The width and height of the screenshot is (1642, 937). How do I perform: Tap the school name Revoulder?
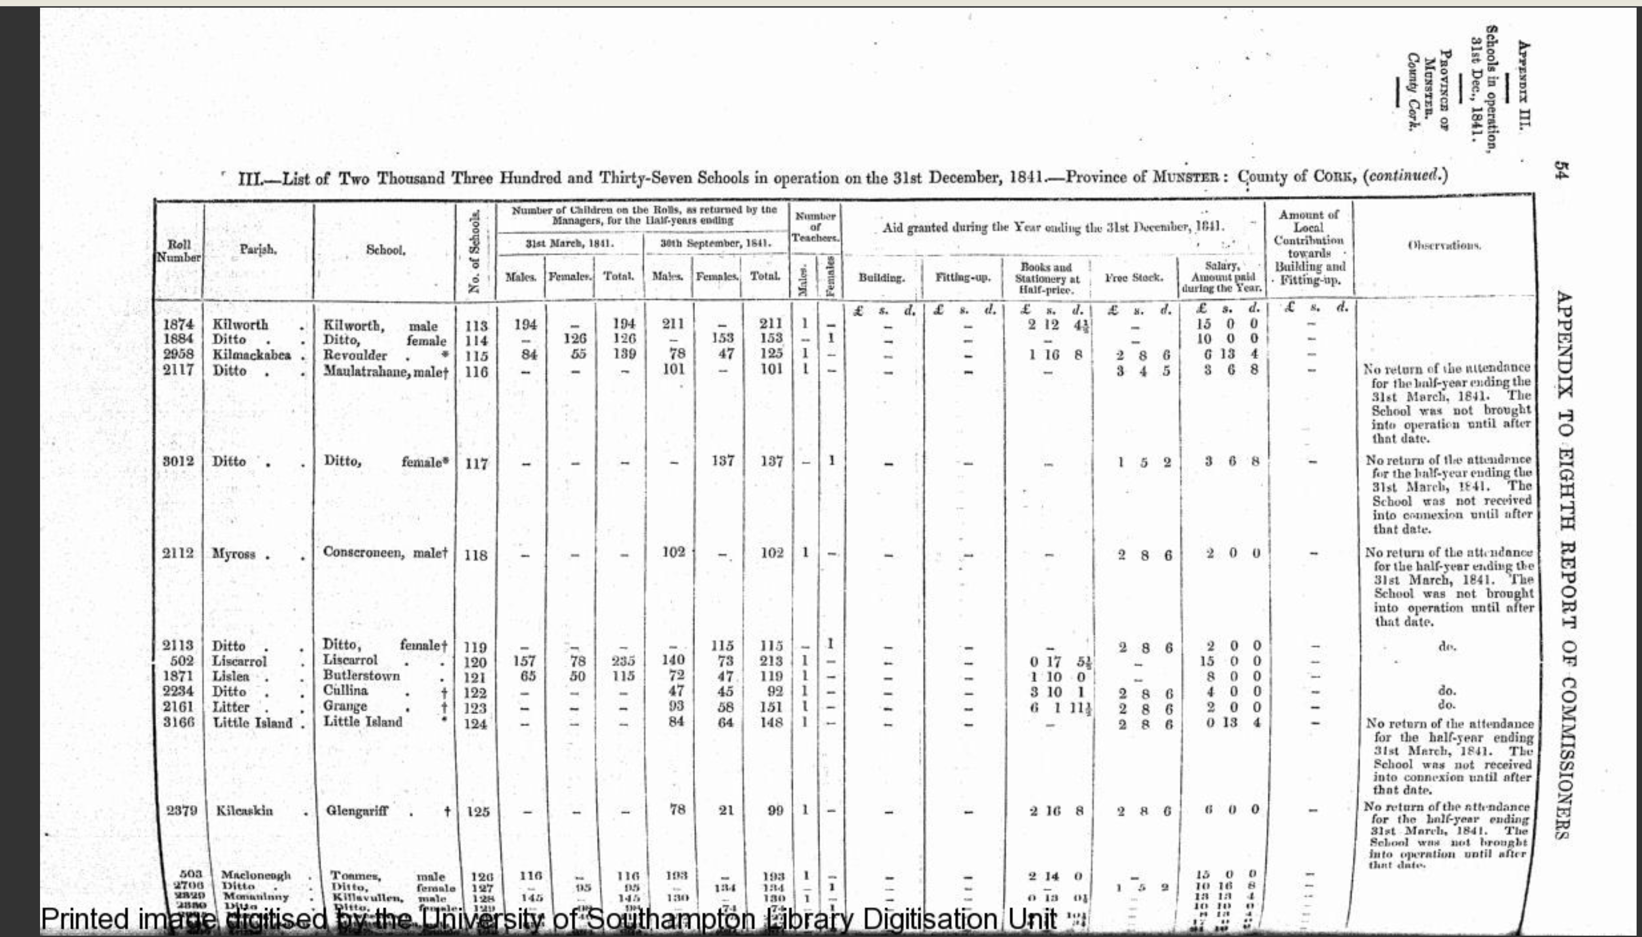tap(355, 355)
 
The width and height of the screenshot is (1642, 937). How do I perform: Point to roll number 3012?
tap(178, 461)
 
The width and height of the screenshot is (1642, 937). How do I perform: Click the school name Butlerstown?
tap(361, 676)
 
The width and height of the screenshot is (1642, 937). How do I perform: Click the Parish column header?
tap(258, 250)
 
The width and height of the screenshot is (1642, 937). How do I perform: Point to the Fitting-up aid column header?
tap(963, 278)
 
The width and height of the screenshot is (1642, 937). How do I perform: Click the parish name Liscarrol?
tap(239, 661)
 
